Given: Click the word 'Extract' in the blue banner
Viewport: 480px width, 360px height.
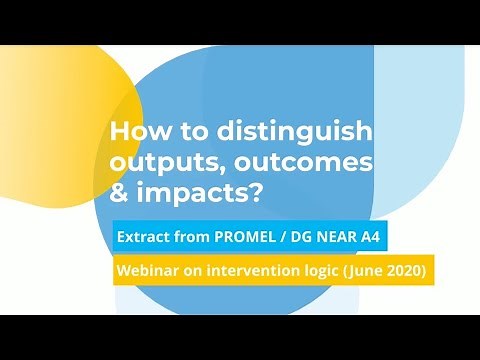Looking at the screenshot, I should [x=145, y=241].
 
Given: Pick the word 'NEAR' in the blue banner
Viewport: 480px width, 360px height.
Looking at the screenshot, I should [x=335, y=241].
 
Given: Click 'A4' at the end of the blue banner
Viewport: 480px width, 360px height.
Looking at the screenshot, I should [x=371, y=241].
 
